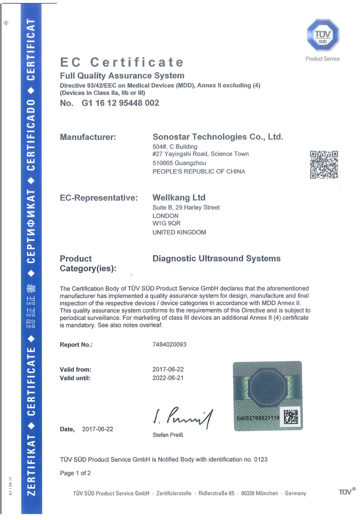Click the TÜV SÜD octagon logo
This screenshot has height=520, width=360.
(x=323, y=35)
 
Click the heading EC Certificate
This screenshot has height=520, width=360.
(x=122, y=62)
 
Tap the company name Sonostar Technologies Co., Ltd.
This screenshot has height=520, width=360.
(x=218, y=137)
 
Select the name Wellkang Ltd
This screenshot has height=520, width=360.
(x=179, y=197)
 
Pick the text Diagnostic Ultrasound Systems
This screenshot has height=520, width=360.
(x=216, y=259)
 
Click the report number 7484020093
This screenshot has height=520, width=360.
(x=170, y=345)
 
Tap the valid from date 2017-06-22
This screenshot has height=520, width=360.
(x=168, y=369)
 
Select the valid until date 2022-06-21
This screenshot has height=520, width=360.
(x=168, y=378)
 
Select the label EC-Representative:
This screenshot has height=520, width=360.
(x=99, y=197)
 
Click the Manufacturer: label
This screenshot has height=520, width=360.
(x=88, y=137)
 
